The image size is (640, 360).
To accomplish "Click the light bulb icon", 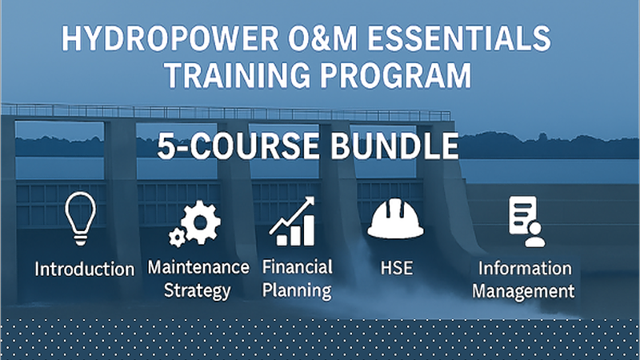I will click(81, 215).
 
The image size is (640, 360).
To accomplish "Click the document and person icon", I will click(526, 221).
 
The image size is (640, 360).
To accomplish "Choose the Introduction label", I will click(84, 269).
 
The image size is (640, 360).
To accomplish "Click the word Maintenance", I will click(198, 267).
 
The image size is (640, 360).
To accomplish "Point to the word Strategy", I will click(197, 290).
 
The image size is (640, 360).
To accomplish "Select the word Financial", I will click(297, 267).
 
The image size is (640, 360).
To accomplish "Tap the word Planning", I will click(297, 290).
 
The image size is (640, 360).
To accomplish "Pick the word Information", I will click(525, 267).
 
